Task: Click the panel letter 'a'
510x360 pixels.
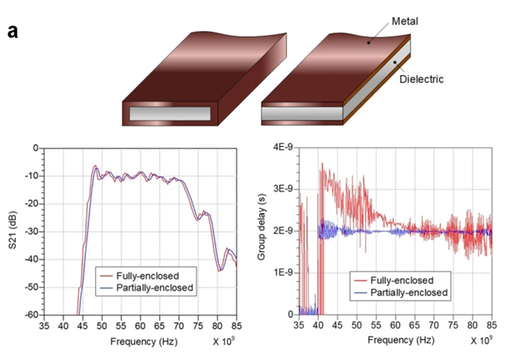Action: (13, 31)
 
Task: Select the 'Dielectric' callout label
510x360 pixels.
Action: (422, 79)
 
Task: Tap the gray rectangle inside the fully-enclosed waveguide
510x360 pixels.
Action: (170, 113)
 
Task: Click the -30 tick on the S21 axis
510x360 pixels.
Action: (34, 231)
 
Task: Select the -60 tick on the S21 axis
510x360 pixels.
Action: (34, 314)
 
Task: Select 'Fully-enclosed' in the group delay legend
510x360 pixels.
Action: (402, 280)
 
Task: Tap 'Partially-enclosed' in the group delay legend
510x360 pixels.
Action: (409, 292)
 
